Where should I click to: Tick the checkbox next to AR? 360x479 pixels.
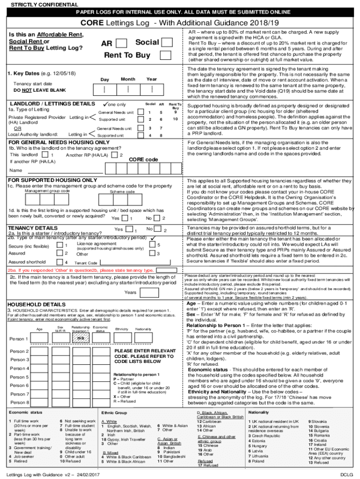(121, 44)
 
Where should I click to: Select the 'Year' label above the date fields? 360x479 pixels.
(151, 79)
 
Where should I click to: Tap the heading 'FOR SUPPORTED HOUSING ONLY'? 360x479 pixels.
(52, 180)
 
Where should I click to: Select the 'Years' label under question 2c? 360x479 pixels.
(130, 292)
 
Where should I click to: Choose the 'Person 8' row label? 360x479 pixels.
(20, 402)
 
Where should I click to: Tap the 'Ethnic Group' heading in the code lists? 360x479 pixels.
(114, 413)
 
